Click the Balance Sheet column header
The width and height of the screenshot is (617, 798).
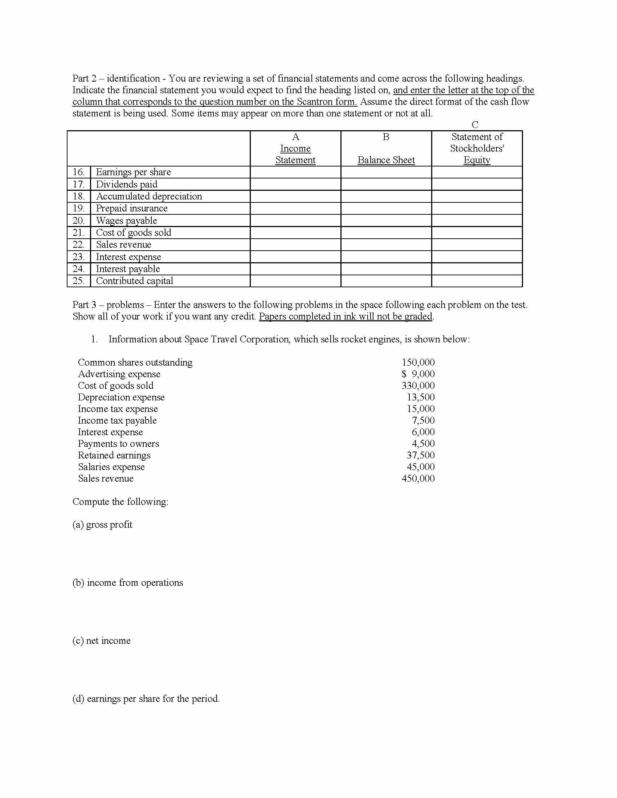tap(386, 160)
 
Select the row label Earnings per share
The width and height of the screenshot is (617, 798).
tap(133, 172)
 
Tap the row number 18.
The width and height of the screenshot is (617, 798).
tap(79, 196)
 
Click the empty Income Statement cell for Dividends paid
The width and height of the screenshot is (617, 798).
tap(295, 184)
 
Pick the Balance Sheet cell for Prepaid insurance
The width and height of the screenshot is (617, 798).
tap(386, 208)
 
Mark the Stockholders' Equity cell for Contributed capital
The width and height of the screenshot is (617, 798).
tap(477, 281)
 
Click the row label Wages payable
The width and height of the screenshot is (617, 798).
tap(126, 221)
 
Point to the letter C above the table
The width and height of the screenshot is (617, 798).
tap(475, 125)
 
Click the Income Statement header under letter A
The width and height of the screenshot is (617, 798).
tap(295, 154)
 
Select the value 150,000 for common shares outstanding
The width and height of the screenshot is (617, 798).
tap(418, 362)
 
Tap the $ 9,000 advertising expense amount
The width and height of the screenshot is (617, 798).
tap(418, 374)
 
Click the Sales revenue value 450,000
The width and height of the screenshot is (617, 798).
tap(418, 479)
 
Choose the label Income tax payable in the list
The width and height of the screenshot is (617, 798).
tap(117, 420)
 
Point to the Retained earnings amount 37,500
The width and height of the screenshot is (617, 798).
tap(420, 455)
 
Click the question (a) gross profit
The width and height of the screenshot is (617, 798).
tap(102, 525)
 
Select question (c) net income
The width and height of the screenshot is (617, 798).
tap(101, 641)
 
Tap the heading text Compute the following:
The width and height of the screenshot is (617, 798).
tap(120, 502)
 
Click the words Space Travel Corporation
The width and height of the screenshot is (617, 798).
tap(237, 340)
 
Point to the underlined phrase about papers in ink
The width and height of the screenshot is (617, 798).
tap(346, 316)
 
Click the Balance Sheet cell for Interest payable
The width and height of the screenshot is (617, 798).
tap(386, 269)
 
